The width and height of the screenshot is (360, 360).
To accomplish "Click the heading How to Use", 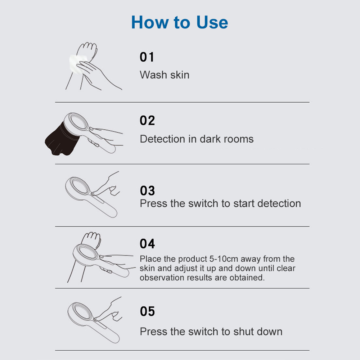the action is click(x=180, y=22).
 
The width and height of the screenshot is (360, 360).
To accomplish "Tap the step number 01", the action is click(x=147, y=57).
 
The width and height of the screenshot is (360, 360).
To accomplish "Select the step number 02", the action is click(x=147, y=120).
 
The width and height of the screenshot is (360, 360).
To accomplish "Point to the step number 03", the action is click(x=147, y=190).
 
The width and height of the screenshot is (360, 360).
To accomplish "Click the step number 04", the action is click(x=147, y=244).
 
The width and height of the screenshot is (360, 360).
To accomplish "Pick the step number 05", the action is click(x=147, y=311).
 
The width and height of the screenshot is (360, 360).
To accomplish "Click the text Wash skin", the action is click(x=165, y=75).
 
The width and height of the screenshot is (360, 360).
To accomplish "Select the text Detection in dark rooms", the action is click(x=197, y=139).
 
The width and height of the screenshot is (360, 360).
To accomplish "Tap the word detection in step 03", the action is click(x=279, y=203).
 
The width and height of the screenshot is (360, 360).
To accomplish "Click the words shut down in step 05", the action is click(x=258, y=332).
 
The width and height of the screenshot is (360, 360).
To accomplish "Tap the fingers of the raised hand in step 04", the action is click(x=91, y=238).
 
